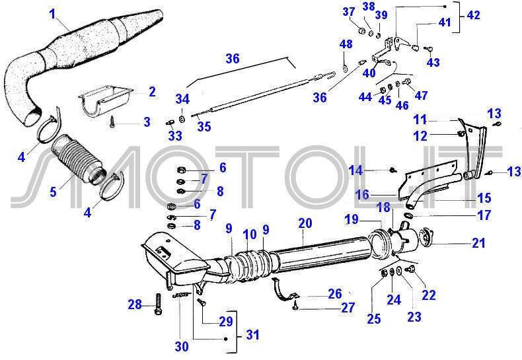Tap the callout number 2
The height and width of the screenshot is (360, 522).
tap(152, 92)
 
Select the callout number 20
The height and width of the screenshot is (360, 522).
tap(305, 223)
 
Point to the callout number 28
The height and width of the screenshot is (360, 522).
tap(135, 305)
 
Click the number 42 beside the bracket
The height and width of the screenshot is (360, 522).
tap(473, 15)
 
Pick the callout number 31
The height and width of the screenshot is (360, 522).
tap(252, 335)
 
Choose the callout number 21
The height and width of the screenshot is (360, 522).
tap(478, 243)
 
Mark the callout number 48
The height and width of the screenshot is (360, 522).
tap(346, 44)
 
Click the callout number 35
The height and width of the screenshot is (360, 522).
tap(204, 126)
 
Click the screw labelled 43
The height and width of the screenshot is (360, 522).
tap(428, 47)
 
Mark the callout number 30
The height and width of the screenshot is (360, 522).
tap(181, 345)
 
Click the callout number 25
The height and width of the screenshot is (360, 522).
tap(374, 319)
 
